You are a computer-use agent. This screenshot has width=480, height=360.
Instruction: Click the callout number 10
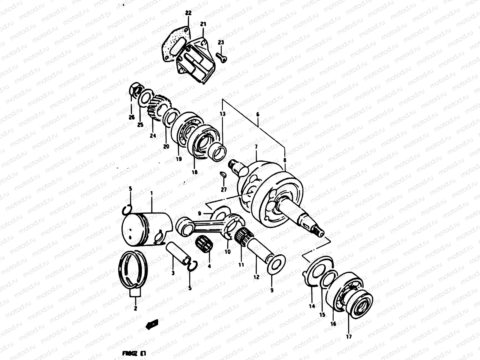click(228, 252)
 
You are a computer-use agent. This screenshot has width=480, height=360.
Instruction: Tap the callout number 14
click(312, 306)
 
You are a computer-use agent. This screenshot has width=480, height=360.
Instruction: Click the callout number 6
click(257, 114)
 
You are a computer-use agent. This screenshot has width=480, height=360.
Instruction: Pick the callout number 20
click(166, 146)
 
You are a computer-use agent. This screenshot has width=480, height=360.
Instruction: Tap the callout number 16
click(333, 324)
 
